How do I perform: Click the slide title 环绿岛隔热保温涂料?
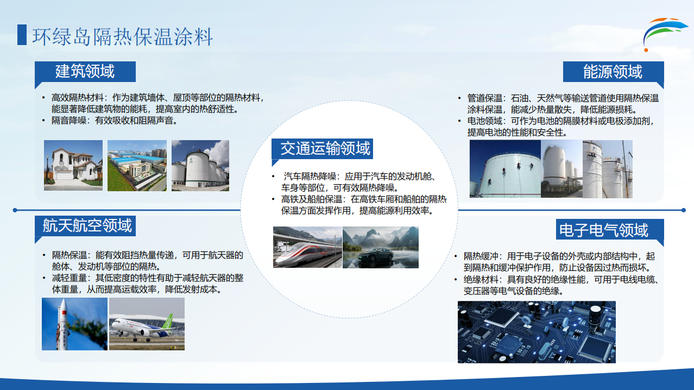[122, 36]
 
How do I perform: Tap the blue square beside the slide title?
[22, 35]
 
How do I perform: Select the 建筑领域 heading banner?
[85, 72]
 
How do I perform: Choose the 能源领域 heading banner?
[613, 72]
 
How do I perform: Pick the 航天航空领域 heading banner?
[85, 226]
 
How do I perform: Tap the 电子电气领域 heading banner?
[610, 229]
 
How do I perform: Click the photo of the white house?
[73, 165]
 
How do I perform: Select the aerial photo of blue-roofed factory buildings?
[137, 165]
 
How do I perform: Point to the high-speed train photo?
[307, 247]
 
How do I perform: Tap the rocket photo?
[74, 324]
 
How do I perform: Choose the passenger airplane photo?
[147, 324]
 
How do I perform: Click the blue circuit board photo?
[537, 332]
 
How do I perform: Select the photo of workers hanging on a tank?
[505, 168]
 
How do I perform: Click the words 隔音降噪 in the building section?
[69, 120]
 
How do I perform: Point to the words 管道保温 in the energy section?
[484, 98]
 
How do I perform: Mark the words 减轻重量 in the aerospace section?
[70, 278]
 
